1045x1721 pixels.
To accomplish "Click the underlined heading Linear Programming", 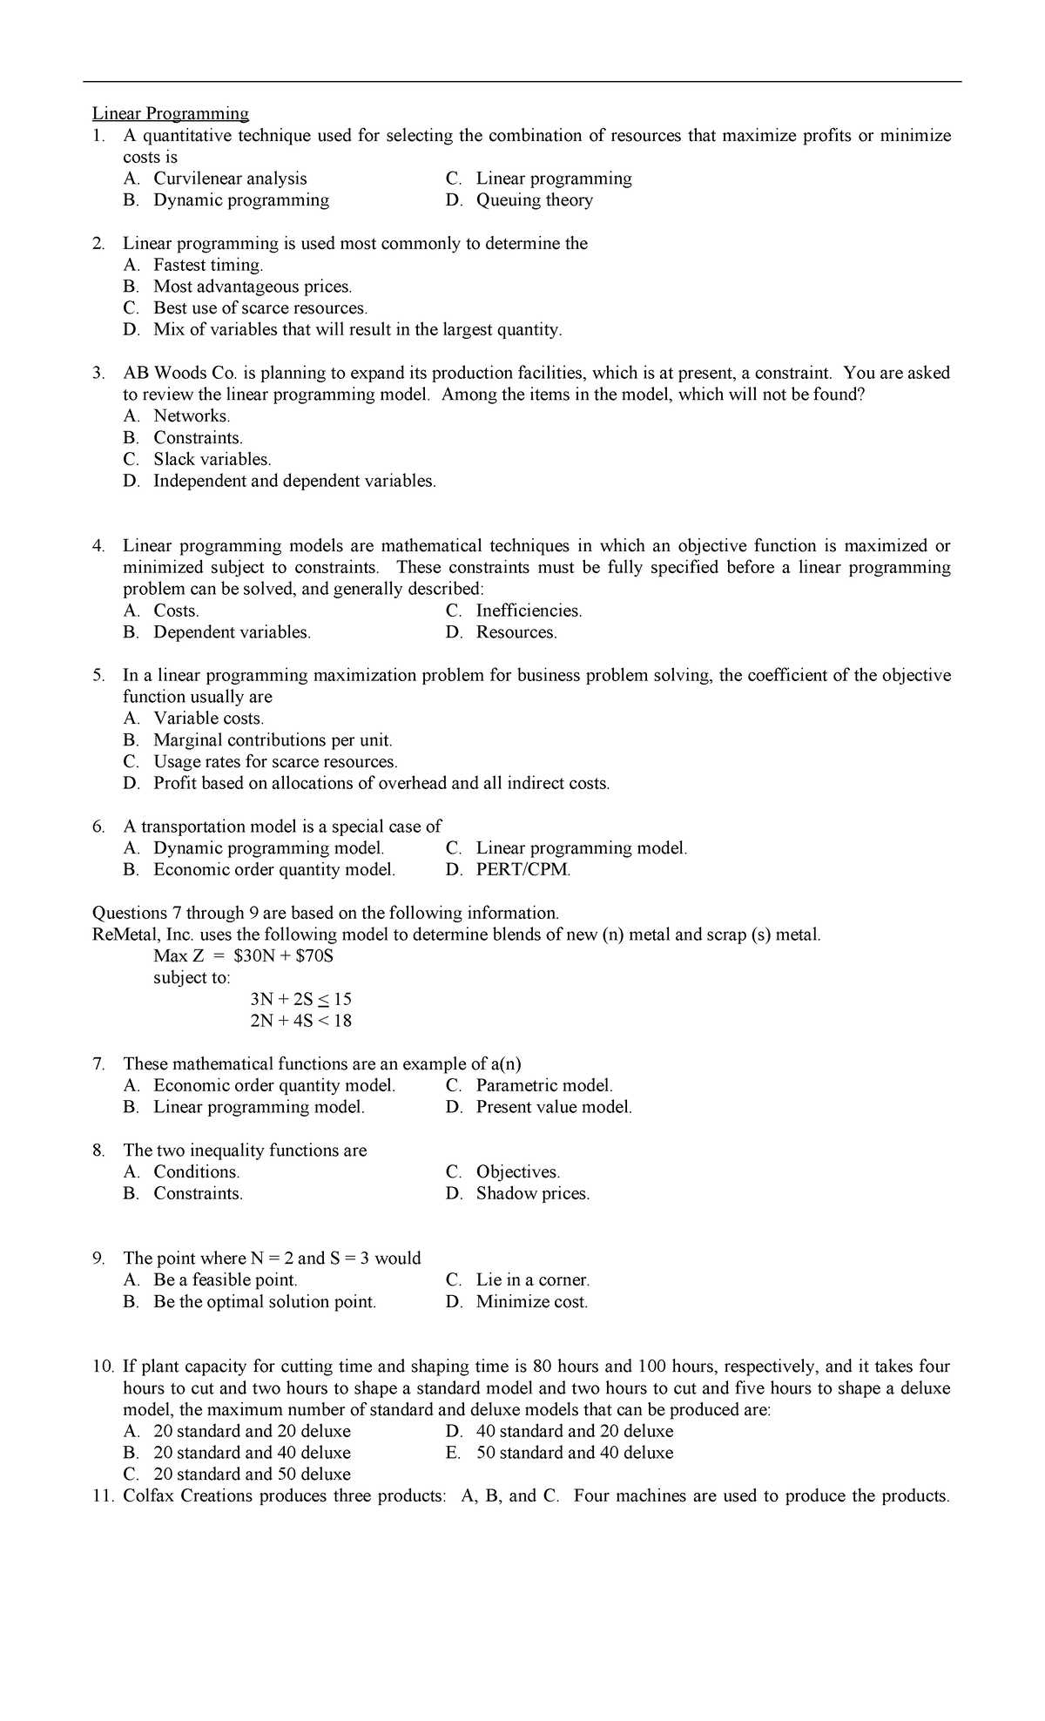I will tap(171, 113).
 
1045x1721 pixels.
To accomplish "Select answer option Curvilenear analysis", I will tap(230, 179).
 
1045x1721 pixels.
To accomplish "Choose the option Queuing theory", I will tap(534, 200).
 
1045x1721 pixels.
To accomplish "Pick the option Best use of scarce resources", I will tap(260, 308).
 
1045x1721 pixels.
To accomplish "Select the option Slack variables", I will tap(212, 459).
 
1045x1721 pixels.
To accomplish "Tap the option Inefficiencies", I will tap(529, 611).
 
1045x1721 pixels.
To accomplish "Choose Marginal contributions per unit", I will tap(273, 740).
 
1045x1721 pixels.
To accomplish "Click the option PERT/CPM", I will tap(522, 870).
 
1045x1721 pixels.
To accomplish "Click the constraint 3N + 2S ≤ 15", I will tap(300, 999).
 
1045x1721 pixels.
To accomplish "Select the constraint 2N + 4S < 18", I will tap(300, 1021).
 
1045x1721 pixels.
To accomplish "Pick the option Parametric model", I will tap(544, 1085).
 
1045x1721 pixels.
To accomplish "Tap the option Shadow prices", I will tap(532, 1193).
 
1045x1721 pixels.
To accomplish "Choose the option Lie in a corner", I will tap(532, 1280).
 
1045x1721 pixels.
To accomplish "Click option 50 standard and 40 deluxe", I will tap(575, 1453).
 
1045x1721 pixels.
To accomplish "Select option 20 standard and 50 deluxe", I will tap(252, 1475).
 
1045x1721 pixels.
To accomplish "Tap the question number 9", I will tap(100, 1259).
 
